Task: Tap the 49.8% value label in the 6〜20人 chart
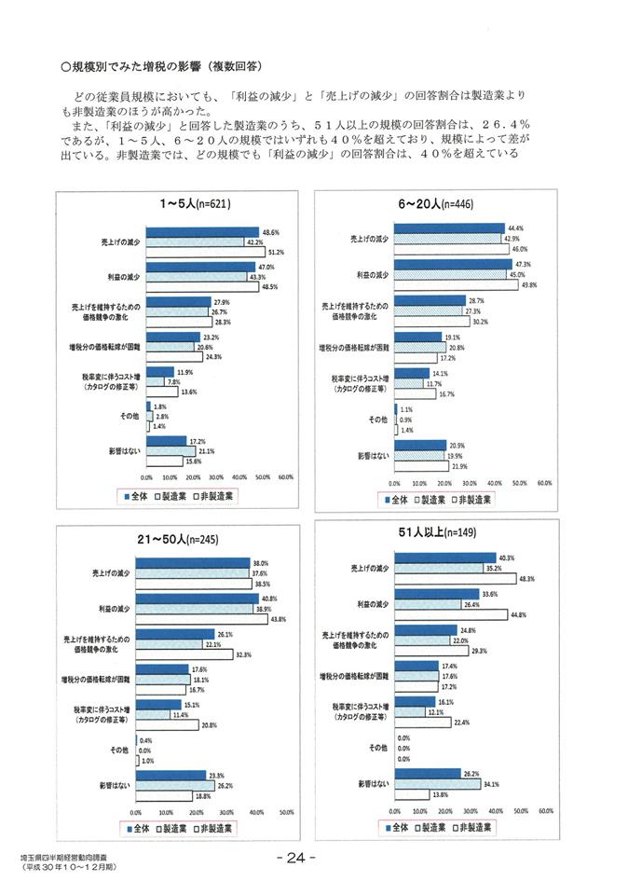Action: pos(530,285)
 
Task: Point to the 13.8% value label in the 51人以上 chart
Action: pos(439,794)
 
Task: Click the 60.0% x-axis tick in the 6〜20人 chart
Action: pos(545,484)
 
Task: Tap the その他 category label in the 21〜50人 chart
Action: pos(118,749)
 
